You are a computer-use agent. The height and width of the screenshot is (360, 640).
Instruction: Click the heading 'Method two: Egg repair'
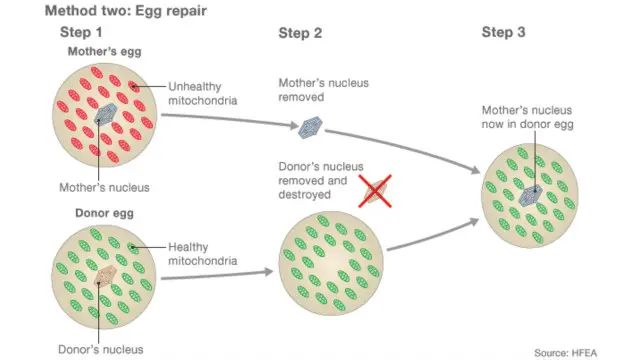(126, 11)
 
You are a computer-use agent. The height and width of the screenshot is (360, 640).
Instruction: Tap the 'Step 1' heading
(81, 32)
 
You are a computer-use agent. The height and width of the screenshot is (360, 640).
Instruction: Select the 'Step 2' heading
(300, 33)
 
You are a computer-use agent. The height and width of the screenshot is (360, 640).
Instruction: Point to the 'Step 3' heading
(503, 32)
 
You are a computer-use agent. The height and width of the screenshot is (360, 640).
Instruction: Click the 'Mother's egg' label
(104, 51)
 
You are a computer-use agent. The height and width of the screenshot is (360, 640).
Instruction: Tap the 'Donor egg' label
(104, 213)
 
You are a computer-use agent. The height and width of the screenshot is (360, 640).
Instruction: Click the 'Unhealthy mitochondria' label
(203, 93)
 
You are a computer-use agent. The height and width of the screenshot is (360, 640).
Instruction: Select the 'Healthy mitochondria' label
(203, 254)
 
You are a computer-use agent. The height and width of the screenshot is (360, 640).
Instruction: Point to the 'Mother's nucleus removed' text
(323, 90)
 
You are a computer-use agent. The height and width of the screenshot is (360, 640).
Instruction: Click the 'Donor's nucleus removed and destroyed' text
(321, 180)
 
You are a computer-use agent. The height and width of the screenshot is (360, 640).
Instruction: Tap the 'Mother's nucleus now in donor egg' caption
(527, 117)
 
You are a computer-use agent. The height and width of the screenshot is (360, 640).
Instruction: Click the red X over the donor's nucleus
(375, 191)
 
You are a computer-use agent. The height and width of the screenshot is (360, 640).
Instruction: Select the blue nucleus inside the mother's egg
(106, 114)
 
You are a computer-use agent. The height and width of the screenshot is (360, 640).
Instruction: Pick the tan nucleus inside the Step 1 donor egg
(105, 276)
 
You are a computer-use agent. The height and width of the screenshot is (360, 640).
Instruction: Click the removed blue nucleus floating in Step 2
(311, 127)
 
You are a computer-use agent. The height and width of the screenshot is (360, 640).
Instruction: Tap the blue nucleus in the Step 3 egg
(531, 196)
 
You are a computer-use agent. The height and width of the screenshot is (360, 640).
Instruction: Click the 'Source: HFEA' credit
(565, 353)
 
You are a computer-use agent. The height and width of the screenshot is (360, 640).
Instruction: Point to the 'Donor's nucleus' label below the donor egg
(101, 349)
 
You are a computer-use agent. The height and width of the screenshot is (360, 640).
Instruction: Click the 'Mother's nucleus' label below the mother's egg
(104, 187)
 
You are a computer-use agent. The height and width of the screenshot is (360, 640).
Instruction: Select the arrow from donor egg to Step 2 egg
(217, 275)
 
